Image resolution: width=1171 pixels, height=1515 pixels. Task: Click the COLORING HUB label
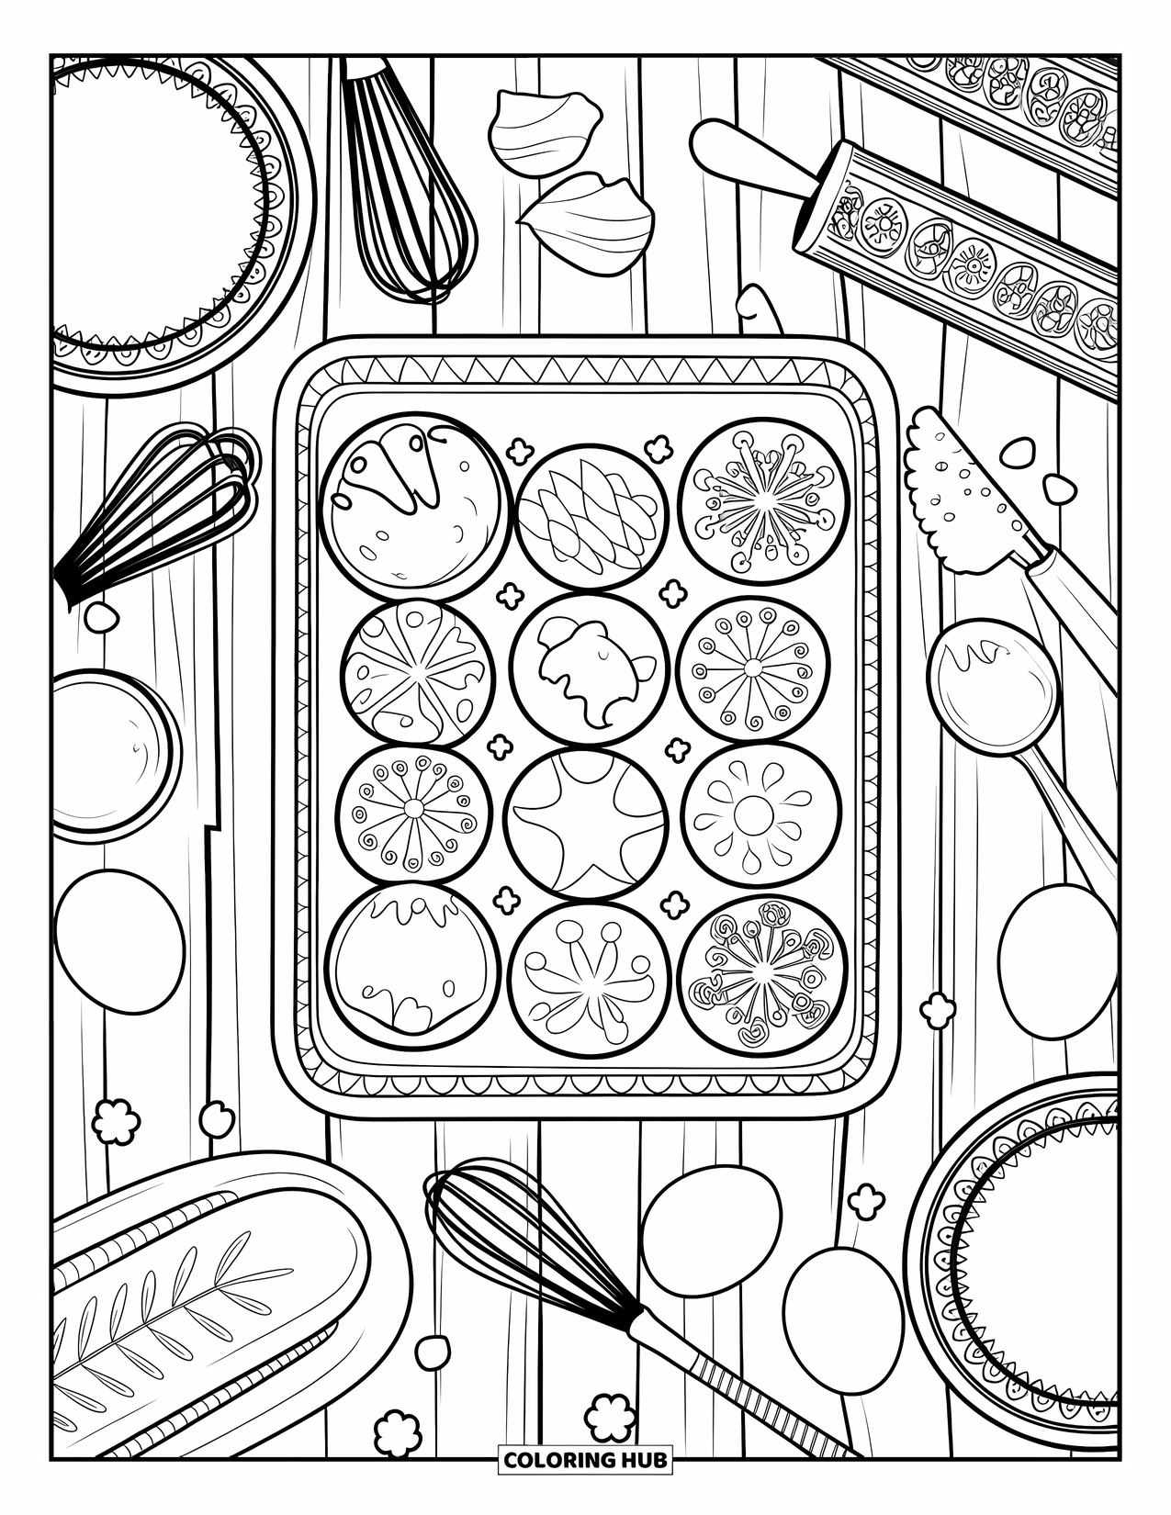[x=585, y=1459]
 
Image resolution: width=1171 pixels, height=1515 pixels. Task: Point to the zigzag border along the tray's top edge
[x=585, y=374]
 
